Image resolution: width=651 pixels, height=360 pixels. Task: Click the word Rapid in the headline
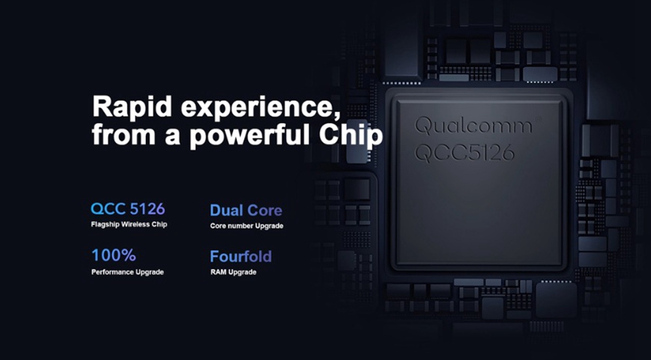coord(132,106)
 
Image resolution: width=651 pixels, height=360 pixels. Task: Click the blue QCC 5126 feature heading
coord(128,209)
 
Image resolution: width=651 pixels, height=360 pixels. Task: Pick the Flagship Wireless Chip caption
coord(129,225)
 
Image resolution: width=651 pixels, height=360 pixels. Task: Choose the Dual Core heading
coord(246,210)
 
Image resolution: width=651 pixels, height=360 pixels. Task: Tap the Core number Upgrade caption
coord(247,226)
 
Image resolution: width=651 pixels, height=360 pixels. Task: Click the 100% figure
coord(114,255)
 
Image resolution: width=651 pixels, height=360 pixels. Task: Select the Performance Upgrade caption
coord(128,272)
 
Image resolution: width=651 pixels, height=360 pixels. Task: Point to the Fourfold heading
coord(241,256)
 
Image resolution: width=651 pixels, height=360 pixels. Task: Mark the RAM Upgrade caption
coord(233,272)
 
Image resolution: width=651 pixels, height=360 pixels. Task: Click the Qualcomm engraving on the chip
coord(473,126)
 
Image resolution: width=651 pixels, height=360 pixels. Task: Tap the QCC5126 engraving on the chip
coord(465,153)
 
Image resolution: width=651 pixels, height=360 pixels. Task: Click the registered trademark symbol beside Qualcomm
coord(538,120)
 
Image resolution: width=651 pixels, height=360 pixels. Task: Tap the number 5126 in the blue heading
coord(147,209)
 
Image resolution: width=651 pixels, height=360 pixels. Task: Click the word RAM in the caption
coord(218,272)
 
